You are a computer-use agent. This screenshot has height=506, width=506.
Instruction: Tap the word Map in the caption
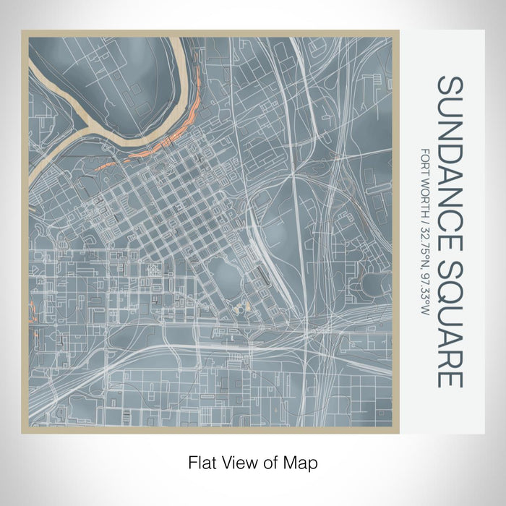pyautogui.click(x=303, y=461)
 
